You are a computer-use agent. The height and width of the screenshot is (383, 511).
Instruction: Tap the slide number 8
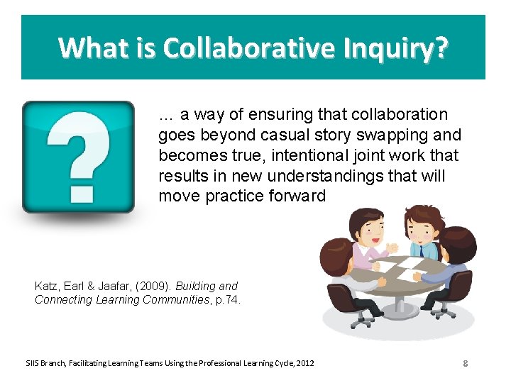(465, 364)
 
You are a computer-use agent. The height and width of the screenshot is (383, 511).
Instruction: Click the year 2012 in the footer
(306, 364)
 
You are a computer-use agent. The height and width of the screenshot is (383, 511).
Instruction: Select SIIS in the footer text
(33, 364)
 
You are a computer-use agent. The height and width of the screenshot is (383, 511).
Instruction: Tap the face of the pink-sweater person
(368, 231)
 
